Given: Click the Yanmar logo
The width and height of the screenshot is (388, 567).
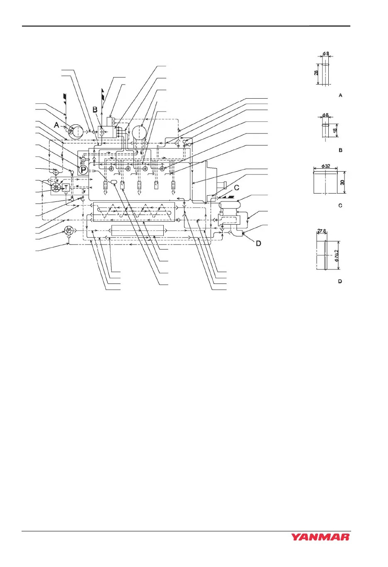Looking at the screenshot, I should pos(320,537).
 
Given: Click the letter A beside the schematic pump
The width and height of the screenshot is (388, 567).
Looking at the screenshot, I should pos(57,125).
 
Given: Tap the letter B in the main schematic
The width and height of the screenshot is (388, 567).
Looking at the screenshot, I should pos(95,109).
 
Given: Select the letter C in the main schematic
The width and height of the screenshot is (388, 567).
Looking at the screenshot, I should pos(237,188).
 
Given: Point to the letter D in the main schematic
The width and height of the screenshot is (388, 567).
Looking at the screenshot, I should pos(258,243).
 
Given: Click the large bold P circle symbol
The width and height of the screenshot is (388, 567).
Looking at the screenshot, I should pos(83,170).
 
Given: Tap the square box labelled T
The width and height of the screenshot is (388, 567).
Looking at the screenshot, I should pos(66,188).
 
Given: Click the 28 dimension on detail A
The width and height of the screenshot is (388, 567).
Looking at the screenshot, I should pos(316,73).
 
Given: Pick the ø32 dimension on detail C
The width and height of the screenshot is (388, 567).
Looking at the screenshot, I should pos(326,166).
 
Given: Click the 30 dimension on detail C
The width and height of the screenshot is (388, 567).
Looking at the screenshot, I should pos(342,182).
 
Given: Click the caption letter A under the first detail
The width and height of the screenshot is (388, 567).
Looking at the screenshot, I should pos(340,95).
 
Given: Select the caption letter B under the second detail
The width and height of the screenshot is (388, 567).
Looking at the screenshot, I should pos(340,150).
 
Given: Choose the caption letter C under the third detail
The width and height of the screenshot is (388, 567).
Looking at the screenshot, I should pos(340,206).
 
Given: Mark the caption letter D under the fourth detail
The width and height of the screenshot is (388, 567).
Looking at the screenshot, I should pos(340,281).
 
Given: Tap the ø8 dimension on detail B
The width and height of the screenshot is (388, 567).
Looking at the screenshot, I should pos(325,116).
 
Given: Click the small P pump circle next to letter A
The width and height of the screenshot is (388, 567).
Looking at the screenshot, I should pos(70,131).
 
